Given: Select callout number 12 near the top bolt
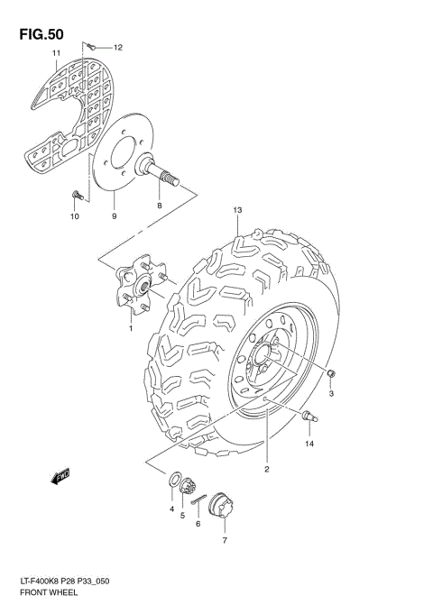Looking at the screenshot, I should [x=117, y=47].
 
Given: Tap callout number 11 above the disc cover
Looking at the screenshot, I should [x=56, y=55].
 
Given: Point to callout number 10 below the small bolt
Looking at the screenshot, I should [x=74, y=216].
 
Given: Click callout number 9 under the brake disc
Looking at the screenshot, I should [x=115, y=216].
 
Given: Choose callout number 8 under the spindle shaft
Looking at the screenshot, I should [x=160, y=206].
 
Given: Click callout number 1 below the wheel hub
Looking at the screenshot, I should [x=130, y=329].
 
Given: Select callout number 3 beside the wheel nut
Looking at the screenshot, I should [x=331, y=394].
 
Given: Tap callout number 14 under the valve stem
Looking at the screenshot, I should [x=309, y=444].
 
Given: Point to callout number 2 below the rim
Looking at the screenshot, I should [x=267, y=469].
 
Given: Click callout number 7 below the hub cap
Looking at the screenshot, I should [x=224, y=541].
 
